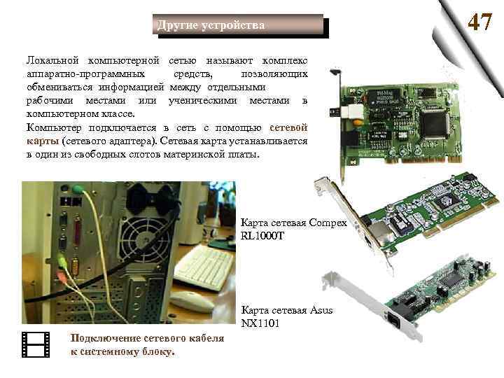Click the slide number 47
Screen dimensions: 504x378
coord(480,22)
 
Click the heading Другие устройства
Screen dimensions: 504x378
coord(211,25)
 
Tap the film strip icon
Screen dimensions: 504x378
coord(36,345)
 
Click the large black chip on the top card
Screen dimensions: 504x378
coord(435,122)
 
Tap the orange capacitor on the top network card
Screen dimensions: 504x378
coord(357,122)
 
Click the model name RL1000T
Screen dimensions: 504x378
coord(262,237)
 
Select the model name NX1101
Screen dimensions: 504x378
coord(260,323)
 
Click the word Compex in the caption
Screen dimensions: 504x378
coord(328,223)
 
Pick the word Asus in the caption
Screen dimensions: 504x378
coord(321,310)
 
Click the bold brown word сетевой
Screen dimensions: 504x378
coord(288,127)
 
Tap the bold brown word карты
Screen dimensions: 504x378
coord(43,141)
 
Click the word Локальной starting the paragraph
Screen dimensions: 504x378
coord(52,60)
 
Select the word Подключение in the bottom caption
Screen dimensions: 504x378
coord(106,338)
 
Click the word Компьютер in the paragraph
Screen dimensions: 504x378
coord(54,127)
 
